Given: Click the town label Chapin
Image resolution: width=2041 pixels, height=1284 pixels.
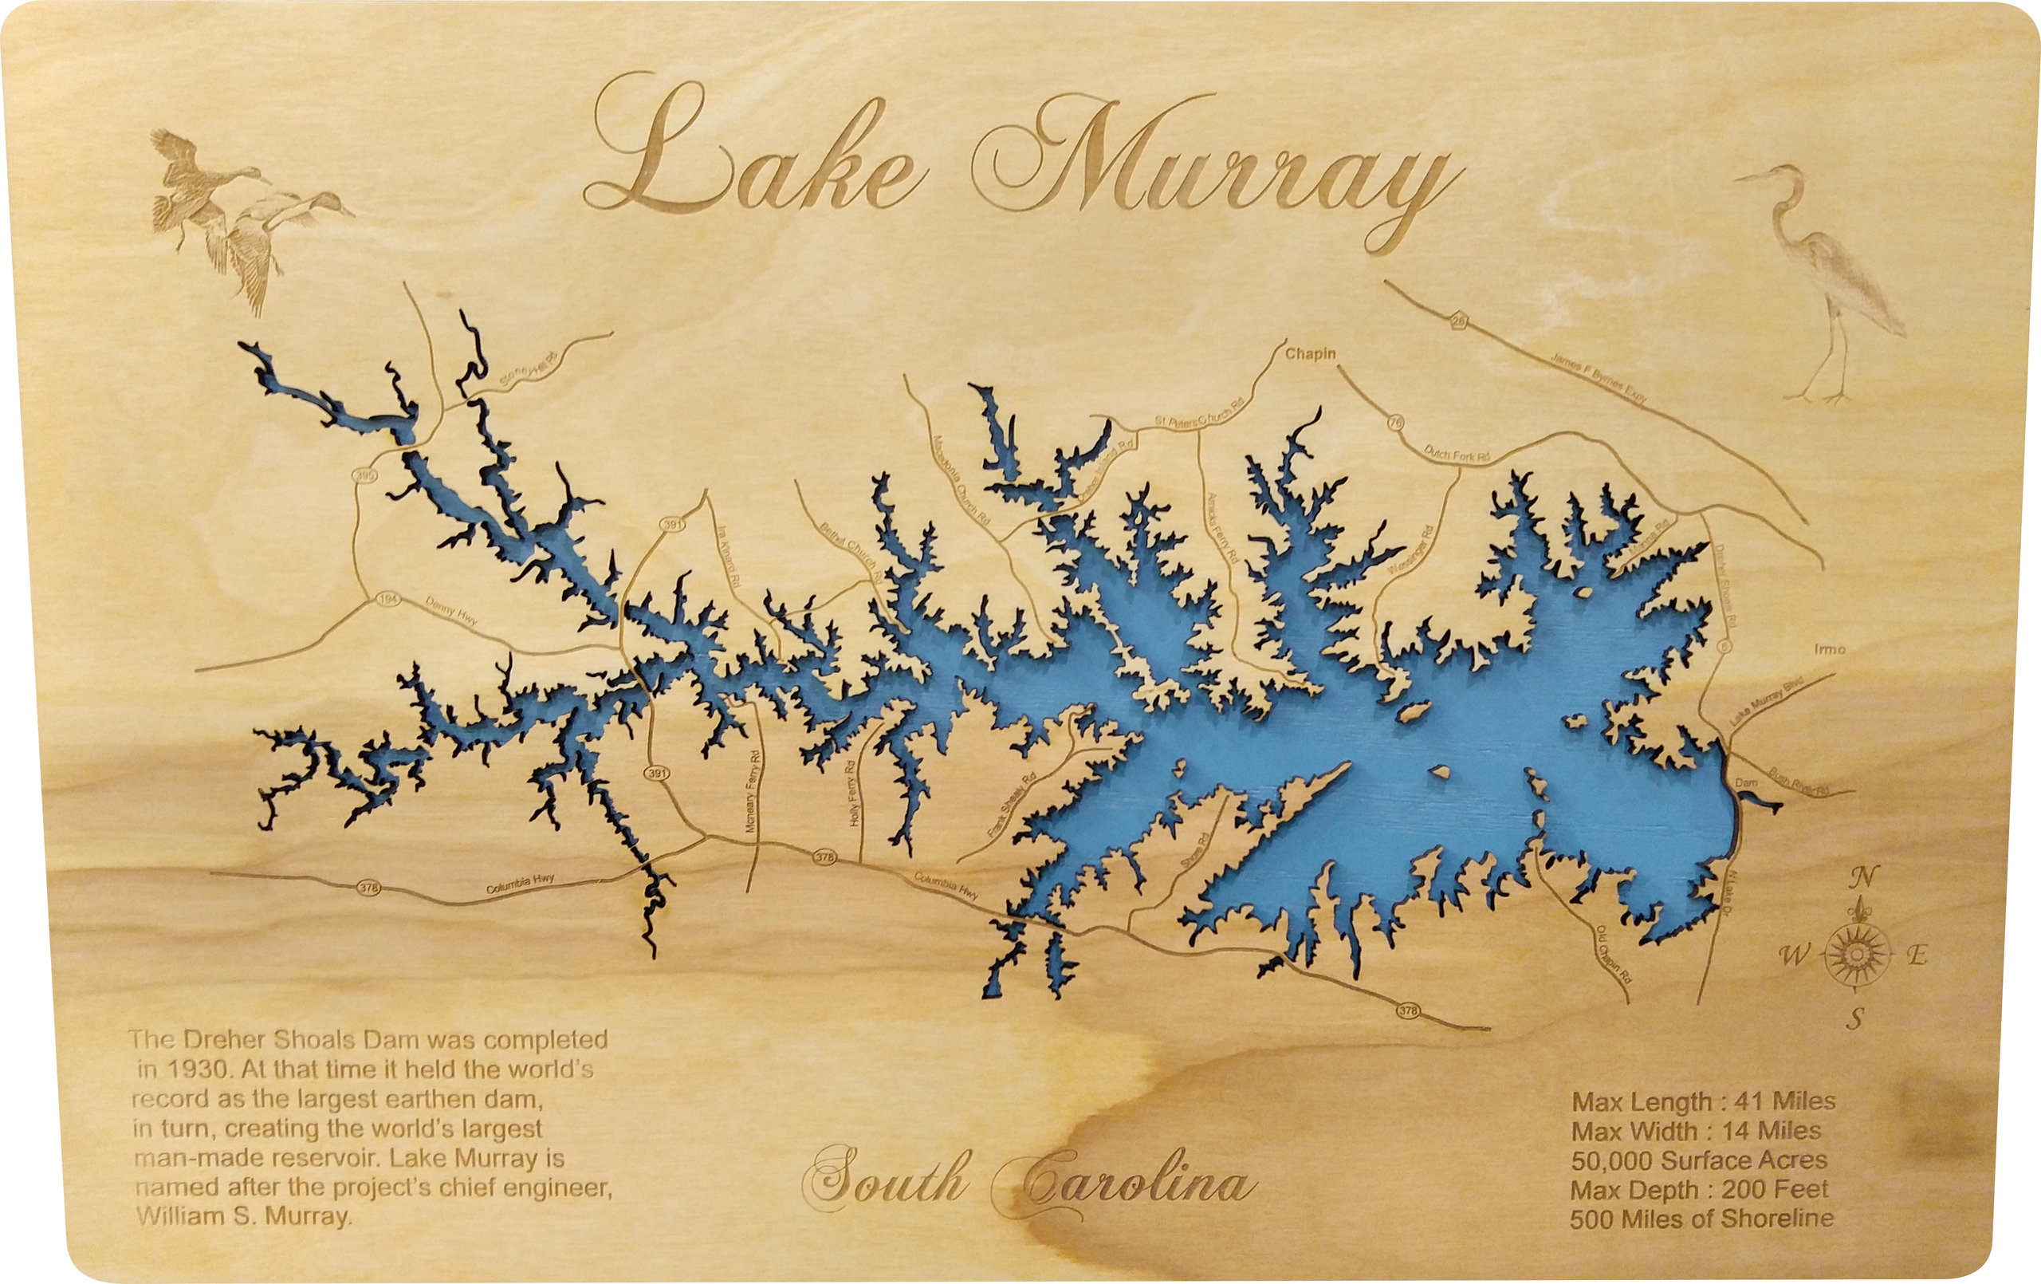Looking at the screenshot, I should (x=1311, y=353).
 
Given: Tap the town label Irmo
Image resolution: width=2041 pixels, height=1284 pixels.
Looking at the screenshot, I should (x=1829, y=650).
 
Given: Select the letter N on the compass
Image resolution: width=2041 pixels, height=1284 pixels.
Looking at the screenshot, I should (x=1865, y=877).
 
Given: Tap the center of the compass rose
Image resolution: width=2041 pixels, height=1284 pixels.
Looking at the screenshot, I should (x=1856, y=955).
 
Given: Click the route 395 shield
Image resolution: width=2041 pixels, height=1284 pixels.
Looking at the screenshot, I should (x=365, y=477).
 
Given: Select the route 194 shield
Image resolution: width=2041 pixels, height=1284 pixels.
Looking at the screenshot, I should (x=387, y=601).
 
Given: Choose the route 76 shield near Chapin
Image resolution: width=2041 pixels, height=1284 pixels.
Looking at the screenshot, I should (x=1395, y=422).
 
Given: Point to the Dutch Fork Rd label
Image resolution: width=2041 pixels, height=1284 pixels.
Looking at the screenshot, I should (x=1456, y=455).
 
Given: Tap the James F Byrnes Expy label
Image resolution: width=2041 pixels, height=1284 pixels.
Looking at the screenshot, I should (x=1599, y=378).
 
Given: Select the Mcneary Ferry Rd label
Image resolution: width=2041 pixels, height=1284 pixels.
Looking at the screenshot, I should (x=752, y=790).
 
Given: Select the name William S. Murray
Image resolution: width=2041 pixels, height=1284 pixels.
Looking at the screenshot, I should (x=242, y=1216).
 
